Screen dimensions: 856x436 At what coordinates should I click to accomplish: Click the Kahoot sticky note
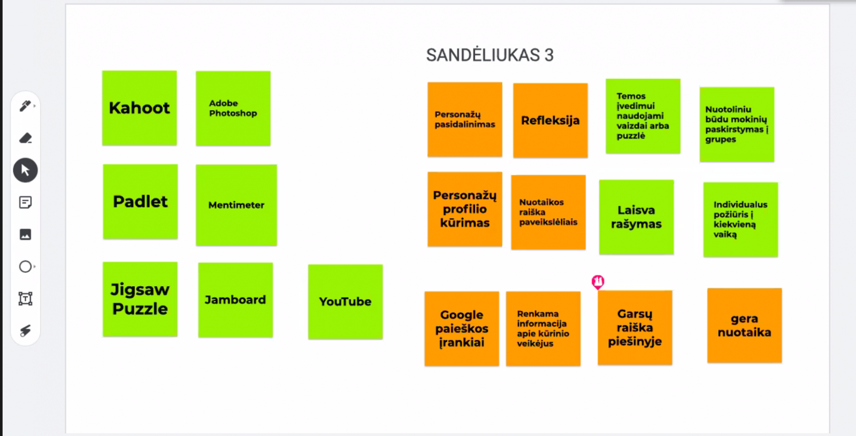pos(139,108)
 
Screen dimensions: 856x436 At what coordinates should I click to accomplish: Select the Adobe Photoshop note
pos(233,108)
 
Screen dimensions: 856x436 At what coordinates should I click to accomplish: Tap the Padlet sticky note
pos(140,201)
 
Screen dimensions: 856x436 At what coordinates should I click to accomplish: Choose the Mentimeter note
pos(236,205)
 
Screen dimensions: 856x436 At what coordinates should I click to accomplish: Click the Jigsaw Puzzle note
pos(140,299)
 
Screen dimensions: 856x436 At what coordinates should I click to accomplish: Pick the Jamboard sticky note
pos(235,300)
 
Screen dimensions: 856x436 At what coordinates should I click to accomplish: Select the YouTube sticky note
pos(345,302)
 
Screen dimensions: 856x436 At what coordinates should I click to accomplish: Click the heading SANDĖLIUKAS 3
pos(490,55)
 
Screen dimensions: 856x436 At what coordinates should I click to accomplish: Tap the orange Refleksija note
pos(551,120)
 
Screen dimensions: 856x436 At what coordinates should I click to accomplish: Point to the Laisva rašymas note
pos(636,217)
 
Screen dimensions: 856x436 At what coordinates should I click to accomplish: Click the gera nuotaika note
pos(744,325)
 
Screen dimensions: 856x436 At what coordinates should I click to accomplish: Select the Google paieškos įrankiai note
pos(462,328)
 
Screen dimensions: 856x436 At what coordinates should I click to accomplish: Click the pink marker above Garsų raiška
pos(598,282)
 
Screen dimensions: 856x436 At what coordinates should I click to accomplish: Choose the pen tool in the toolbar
pos(25,105)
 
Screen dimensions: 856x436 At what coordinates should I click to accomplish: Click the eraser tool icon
pos(25,138)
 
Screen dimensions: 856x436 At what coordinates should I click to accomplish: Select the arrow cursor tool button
pos(25,170)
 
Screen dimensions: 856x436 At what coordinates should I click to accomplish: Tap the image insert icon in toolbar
pos(25,234)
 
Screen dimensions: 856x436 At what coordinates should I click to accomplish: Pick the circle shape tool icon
pos(25,266)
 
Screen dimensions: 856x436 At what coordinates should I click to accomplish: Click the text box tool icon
pos(25,299)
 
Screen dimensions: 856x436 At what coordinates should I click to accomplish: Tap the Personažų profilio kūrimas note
pos(465,209)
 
